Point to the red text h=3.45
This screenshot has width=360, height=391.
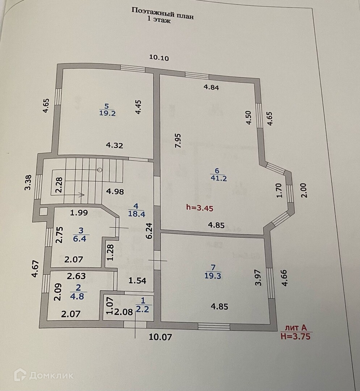click(200, 208)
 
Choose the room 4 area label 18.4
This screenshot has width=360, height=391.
click(137, 214)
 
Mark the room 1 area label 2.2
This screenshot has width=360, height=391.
click(142, 309)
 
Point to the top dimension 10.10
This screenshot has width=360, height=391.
click(159, 58)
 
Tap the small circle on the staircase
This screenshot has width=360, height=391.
click(100, 169)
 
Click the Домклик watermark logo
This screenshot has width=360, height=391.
click(43, 375)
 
